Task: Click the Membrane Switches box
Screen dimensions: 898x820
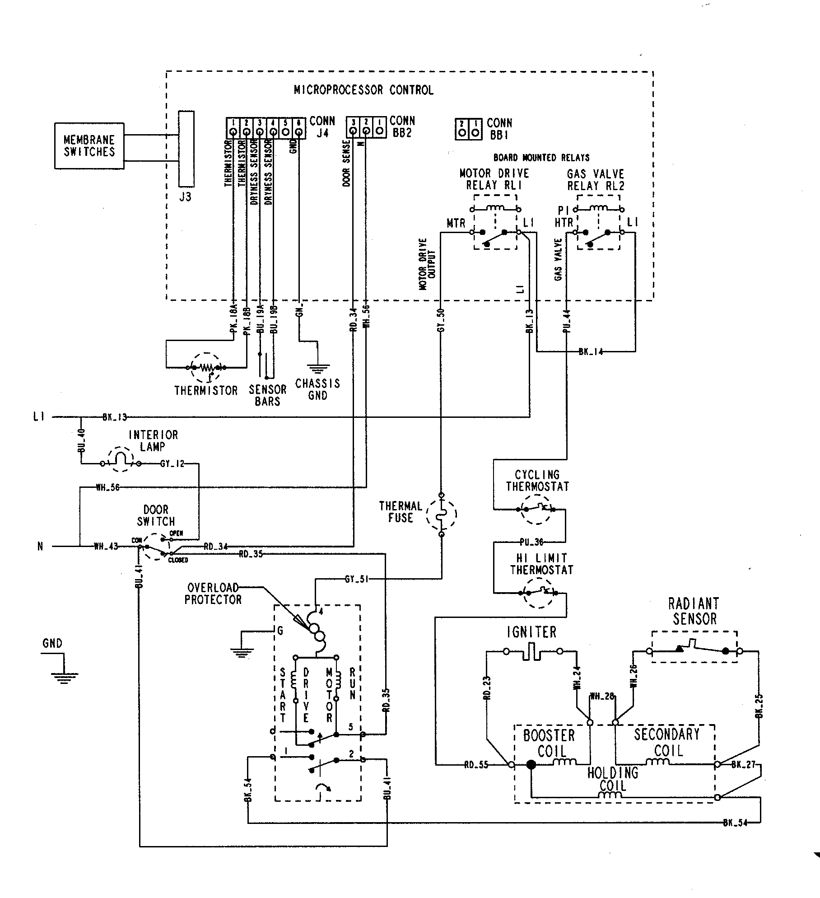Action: (x=89, y=146)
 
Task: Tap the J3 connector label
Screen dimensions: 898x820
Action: (x=185, y=197)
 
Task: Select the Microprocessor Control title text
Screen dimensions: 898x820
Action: (x=363, y=90)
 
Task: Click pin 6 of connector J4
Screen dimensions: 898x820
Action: (x=299, y=132)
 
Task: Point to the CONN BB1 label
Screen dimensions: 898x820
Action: (x=499, y=129)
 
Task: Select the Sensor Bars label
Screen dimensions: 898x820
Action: (x=267, y=395)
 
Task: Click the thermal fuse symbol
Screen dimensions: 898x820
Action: (x=442, y=514)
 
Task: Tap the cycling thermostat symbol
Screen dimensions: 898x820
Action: (x=537, y=509)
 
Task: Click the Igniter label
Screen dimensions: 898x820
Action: (x=531, y=632)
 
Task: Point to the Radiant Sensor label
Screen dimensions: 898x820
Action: (x=694, y=611)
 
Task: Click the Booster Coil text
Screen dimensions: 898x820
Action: (x=549, y=744)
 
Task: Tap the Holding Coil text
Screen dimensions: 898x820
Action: (x=613, y=779)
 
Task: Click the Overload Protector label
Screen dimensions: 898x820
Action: (x=213, y=594)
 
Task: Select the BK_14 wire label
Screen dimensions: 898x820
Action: (x=591, y=352)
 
